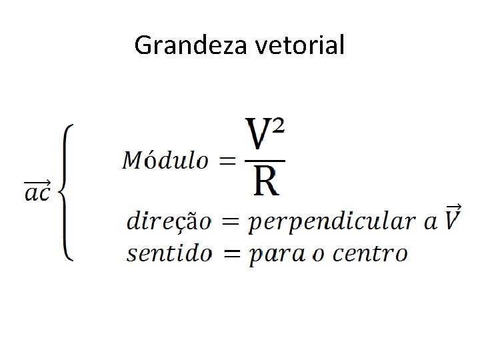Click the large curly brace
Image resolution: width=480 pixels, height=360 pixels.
pos(66,192)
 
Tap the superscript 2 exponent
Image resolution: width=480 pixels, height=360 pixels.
pos(279,126)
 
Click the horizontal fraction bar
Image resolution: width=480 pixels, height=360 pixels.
pos(265,161)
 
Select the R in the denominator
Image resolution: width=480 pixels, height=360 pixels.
pos(266,182)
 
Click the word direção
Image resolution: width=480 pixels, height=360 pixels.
pos(168,221)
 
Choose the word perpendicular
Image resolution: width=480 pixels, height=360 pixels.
pos(333,223)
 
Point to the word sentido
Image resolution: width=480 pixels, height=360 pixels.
pos(168,253)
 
